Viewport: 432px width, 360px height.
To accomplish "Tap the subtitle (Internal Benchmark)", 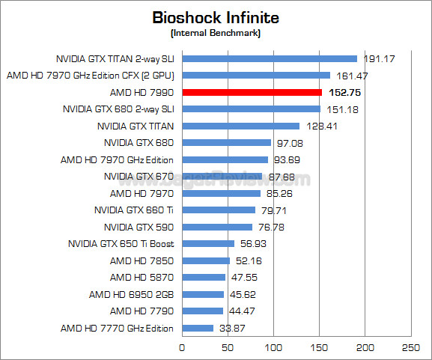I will pyautogui.click(x=216, y=33).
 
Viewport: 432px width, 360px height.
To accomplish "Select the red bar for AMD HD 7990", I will pyautogui.click(x=252, y=92).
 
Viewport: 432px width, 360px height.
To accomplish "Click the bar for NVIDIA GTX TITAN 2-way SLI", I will pyautogui.click(x=270, y=58).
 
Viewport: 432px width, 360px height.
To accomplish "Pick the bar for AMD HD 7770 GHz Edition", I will pyautogui.click(x=198, y=328).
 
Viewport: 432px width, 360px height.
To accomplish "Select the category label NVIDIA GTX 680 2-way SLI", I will pyautogui.click(x=119, y=109).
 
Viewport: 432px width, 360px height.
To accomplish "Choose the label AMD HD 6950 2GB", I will pyautogui.click(x=131, y=294).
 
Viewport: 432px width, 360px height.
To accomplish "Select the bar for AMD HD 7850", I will pyautogui.click(x=206, y=260).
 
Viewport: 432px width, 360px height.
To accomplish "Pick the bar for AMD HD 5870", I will pyautogui.click(x=204, y=278).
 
